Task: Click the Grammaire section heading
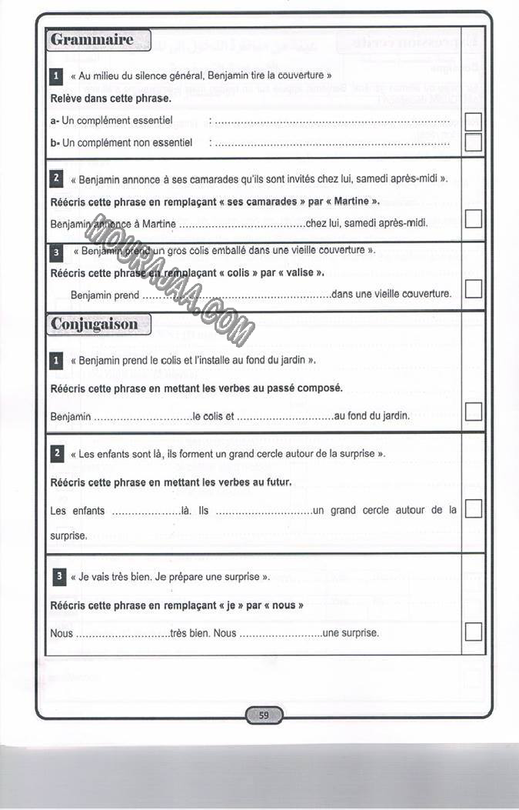[91, 39]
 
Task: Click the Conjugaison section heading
[95, 324]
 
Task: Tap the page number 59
[264, 715]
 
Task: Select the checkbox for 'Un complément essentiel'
[474, 122]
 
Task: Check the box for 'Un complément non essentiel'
[474, 142]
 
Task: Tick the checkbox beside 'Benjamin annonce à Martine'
[474, 218]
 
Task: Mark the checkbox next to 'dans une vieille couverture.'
[474, 288]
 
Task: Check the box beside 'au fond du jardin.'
[474, 412]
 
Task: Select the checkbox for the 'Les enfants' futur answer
[474, 508]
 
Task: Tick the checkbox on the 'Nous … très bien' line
[474, 632]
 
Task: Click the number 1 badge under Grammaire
[56, 76]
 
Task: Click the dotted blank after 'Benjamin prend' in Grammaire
[236, 295]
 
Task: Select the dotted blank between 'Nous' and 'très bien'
[122, 634]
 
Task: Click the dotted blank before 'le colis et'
[141, 417]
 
